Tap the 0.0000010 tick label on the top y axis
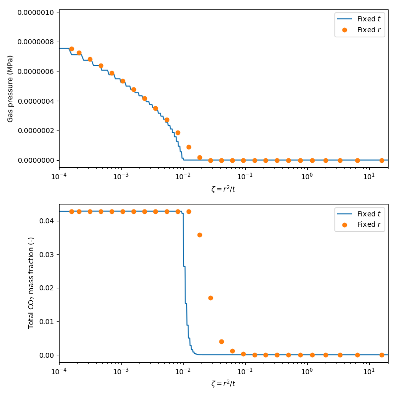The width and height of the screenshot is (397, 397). point(36,12)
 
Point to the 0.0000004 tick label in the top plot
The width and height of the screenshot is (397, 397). point(36,101)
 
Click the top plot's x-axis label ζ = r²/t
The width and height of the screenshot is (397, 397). point(223,189)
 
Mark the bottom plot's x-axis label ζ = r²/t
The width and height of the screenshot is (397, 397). point(223,384)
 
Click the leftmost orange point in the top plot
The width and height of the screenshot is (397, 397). point(71,49)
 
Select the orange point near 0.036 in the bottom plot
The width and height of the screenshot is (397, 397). point(199,235)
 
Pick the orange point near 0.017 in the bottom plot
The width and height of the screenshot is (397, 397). point(210,298)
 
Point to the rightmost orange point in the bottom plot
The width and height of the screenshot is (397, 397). point(382,355)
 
